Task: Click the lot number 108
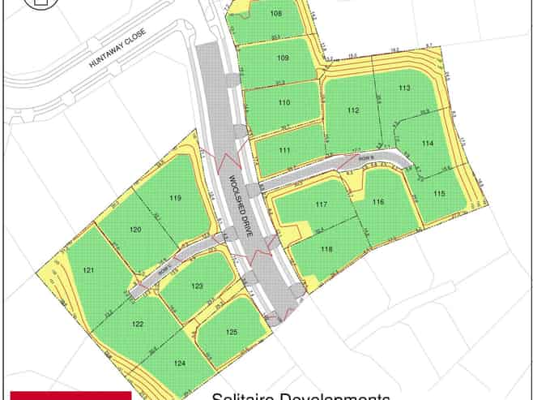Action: (x=276, y=14)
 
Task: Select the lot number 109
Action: (x=283, y=58)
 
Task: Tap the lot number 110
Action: (x=284, y=103)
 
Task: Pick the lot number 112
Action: (x=353, y=110)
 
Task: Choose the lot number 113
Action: (x=404, y=88)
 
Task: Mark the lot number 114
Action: (x=428, y=144)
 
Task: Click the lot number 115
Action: (x=439, y=193)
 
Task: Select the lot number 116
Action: (x=377, y=201)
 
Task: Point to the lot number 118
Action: (x=326, y=249)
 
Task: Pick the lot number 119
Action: (x=175, y=198)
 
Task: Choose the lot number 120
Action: (x=135, y=230)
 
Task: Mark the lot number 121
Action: (x=89, y=269)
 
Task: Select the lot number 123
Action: (x=197, y=286)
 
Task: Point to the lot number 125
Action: (x=232, y=332)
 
